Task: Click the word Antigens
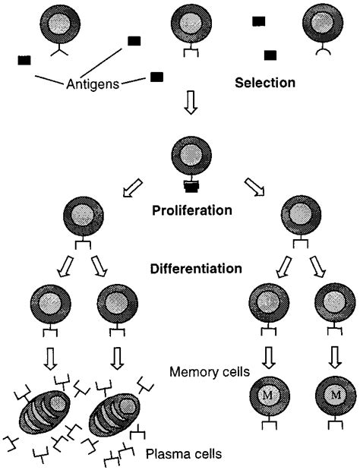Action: pos(93,84)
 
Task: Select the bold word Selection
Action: pos(265,83)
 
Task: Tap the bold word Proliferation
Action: pos(192,210)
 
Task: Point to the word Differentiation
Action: pos(196,268)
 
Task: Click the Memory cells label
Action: pos(210,372)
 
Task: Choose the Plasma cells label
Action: pos(184,453)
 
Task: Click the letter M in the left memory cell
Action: pos(269,396)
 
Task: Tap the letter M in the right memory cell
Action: pos(336,396)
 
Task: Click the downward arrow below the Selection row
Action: pos(191,103)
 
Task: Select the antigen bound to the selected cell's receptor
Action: pos(191,187)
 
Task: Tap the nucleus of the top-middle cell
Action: pos(191,23)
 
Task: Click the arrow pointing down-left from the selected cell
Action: pos(132,188)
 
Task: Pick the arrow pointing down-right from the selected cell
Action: pos(254,187)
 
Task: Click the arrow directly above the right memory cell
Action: pos(336,358)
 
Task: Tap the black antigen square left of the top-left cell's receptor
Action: pos(24,60)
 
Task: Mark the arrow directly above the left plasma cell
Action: pos(50,359)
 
